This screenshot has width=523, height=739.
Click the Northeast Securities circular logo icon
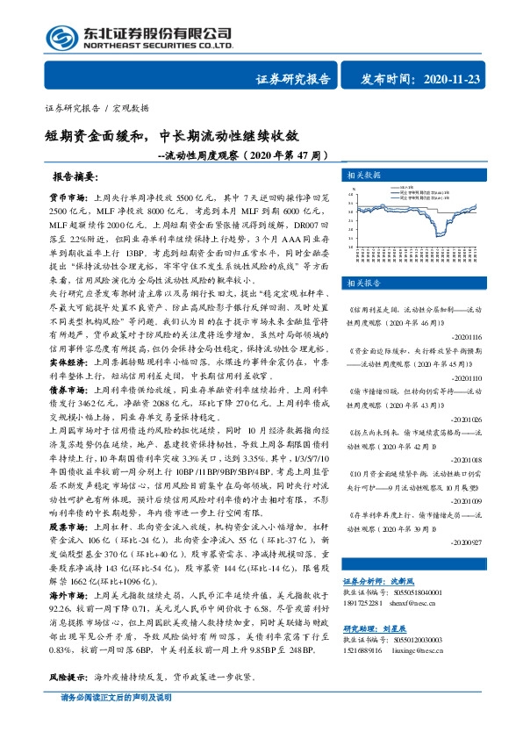(x=61, y=38)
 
